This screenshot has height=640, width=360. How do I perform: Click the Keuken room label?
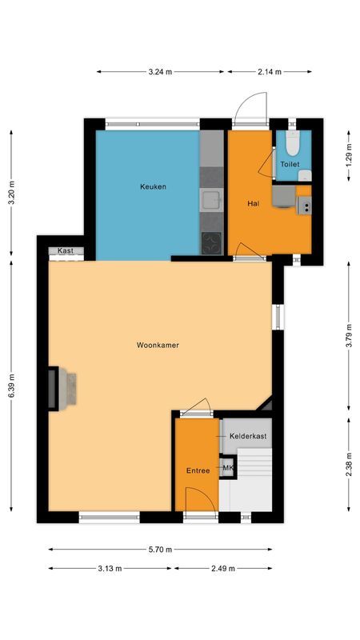click(153, 186)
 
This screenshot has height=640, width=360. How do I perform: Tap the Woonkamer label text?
click(157, 346)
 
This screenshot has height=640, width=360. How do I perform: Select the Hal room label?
click(253, 203)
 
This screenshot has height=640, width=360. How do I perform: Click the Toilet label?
click(289, 165)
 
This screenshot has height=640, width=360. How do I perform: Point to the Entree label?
click(198, 470)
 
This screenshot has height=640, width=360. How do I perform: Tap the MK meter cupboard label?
click(228, 468)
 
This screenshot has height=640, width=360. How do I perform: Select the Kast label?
click(66, 251)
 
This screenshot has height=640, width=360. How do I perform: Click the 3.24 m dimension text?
click(160, 72)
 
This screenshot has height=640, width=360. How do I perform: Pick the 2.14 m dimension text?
click(270, 72)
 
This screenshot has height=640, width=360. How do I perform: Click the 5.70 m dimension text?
click(160, 550)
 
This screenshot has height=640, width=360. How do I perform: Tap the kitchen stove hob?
click(211, 242)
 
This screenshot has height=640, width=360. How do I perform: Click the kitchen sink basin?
click(211, 200)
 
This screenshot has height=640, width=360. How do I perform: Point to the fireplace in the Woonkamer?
click(62, 389)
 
